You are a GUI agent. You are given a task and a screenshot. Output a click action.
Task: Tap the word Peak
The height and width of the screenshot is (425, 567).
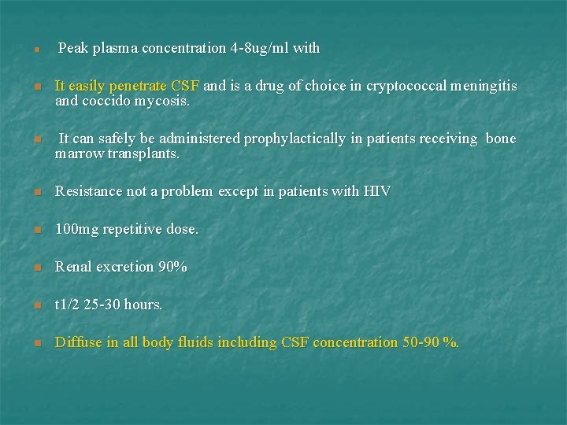[x=73, y=48]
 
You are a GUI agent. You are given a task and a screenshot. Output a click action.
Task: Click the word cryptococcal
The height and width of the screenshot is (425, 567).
[x=406, y=86]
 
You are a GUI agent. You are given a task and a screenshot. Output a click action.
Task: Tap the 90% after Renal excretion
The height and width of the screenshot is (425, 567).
[x=172, y=267]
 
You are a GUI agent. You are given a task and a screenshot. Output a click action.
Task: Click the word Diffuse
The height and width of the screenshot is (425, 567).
[x=78, y=342]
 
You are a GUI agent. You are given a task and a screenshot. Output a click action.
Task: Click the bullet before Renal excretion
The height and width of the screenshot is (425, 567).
[x=36, y=268]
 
